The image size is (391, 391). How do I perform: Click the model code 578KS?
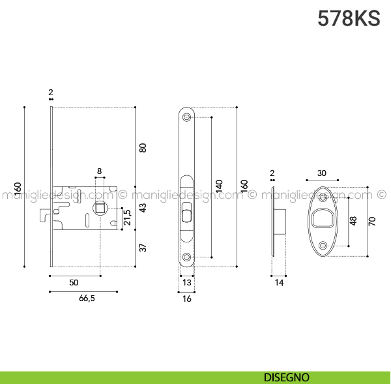pyautogui.click(x=349, y=18)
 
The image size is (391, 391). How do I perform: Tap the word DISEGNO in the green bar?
pyautogui.click(x=287, y=377)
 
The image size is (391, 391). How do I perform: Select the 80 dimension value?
pyautogui.click(x=143, y=147)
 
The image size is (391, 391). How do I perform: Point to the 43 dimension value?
pyautogui.click(x=143, y=209)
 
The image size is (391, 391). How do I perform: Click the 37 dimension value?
pyautogui.click(x=143, y=248)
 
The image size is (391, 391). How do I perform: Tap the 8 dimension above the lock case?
pyautogui.click(x=99, y=171)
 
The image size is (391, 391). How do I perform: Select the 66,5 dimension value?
pyautogui.click(x=83, y=298)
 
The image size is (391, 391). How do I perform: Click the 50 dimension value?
pyautogui.click(x=74, y=282)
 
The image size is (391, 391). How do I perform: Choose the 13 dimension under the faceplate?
pyautogui.click(x=187, y=282)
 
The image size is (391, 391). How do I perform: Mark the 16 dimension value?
pyautogui.click(x=187, y=298)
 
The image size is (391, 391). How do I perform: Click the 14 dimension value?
pyautogui.click(x=279, y=282)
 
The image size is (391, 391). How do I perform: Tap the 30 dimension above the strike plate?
pyautogui.click(x=322, y=173)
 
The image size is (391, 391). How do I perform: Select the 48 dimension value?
pyautogui.click(x=354, y=220)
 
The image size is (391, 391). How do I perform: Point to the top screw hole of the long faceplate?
pyautogui.click(x=187, y=117)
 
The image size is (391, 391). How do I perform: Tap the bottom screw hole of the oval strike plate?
pyautogui.click(x=323, y=245)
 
